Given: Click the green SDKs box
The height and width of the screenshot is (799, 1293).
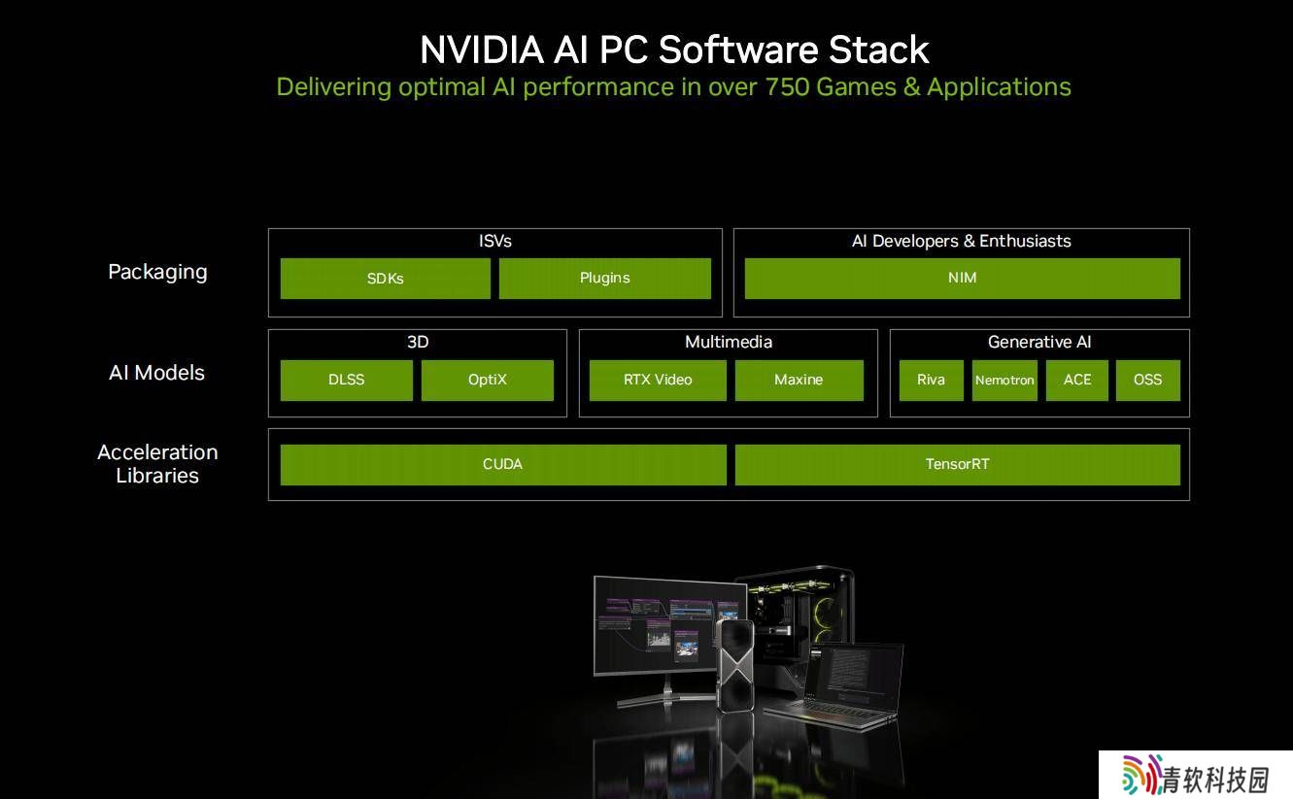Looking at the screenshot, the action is (385, 278).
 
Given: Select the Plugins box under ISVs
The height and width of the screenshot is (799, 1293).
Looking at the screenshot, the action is (605, 278).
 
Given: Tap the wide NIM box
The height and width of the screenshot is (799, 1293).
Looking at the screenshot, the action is (963, 278).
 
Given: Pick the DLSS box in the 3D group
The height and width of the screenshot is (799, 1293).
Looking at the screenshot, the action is (347, 380).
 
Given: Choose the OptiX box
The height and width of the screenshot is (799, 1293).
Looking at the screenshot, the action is (488, 380).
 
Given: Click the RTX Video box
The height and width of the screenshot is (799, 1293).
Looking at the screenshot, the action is (658, 380).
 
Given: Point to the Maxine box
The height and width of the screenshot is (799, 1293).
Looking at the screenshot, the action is (799, 380).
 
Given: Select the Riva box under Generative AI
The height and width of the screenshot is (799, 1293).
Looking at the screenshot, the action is (931, 380).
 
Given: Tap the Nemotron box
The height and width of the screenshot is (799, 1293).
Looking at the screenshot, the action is (1004, 380).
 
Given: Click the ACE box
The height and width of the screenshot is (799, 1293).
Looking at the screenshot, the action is (1077, 380).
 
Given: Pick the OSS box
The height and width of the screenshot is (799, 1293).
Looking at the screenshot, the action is (1147, 380).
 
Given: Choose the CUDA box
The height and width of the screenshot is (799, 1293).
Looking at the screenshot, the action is (503, 464).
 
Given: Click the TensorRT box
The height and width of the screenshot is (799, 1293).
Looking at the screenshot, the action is (958, 464).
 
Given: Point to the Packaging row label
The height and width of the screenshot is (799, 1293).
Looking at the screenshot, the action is (157, 272).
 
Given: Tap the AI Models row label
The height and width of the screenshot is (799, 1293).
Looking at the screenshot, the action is (157, 373).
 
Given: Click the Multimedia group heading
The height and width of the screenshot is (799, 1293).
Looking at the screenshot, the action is (729, 342).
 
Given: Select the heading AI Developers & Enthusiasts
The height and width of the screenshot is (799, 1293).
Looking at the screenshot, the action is (962, 241).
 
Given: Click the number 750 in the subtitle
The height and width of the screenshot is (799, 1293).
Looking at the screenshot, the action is (787, 87).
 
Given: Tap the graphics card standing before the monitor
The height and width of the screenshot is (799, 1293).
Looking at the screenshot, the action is (734, 665).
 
